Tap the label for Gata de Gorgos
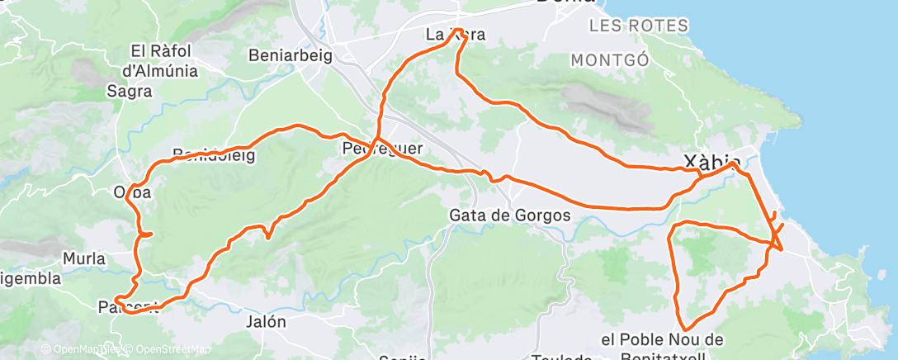point(510,215)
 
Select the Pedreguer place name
point(382,149)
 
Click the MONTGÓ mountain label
point(610,60)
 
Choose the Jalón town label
point(265,322)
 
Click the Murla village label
point(83,258)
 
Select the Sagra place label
point(130,92)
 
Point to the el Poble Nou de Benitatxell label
point(662,348)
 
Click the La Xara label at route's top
point(455,35)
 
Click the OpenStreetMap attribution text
point(166,348)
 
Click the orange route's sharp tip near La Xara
point(456,31)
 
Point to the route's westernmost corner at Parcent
point(117,299)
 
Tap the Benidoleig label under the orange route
point(214,154)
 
